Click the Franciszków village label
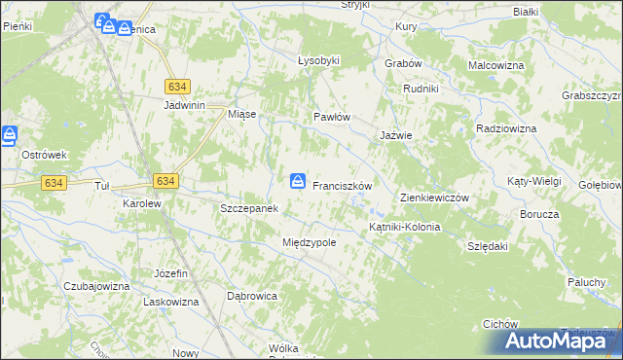pos(343,185)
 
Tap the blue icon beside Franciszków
pos(298,181)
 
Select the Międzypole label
pos(309,242)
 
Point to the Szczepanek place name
pos(250,208)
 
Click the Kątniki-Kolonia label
pos(404,227)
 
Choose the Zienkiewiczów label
pos(435,198)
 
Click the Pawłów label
pos(331,117)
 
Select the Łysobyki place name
pos(318,60)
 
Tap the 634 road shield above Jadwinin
pos(177,86)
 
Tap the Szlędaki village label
pos(488,246)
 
